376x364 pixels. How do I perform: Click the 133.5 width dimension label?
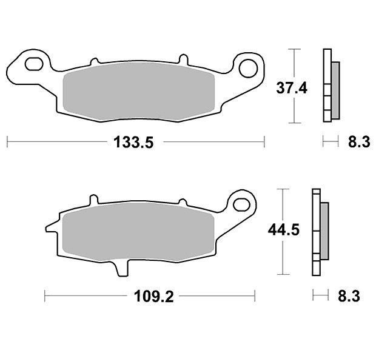133,142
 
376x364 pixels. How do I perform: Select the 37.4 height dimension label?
292,88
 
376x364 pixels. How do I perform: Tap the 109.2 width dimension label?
153,296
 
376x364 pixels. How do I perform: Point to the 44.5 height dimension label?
284,230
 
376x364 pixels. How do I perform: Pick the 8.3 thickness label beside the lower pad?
349,296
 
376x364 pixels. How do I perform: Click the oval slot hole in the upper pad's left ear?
34,64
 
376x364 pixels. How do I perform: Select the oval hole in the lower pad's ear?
242,204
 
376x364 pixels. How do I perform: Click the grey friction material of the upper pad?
138,92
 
